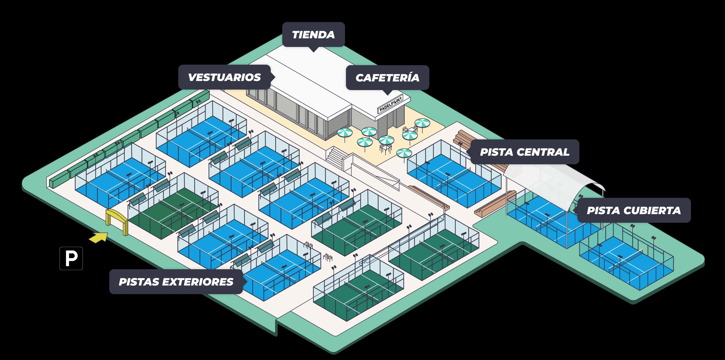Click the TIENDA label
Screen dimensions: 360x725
(x=313, y=35)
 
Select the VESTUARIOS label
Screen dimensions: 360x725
(x=224, y=77)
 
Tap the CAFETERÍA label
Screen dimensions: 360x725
(x=387, y=78)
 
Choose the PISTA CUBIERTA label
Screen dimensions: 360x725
(x=634, y=210)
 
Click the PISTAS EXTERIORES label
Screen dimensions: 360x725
(x=176, y=282)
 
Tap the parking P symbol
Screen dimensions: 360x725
(x=71, y=258)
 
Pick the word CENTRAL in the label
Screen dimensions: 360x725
(x=543, y=152)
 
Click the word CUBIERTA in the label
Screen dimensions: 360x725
(x=652, y=210)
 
